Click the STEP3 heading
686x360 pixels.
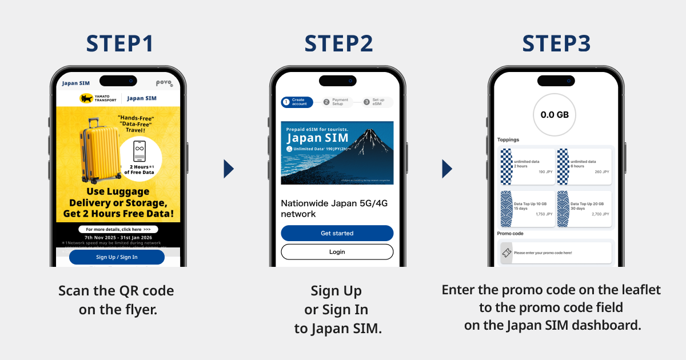coord(556,44)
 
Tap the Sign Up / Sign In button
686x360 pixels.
coord(117,257)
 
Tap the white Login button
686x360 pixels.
coord(337,251)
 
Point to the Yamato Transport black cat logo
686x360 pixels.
coord(86,98)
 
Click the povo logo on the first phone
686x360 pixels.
coord(163,83)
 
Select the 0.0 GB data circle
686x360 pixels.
coord(555,115)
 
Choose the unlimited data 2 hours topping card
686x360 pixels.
coord(527,166)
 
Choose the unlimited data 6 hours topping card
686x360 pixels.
coord(584,166)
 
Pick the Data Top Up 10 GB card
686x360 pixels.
coord(527,209)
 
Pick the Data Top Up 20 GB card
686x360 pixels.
coord(584,209)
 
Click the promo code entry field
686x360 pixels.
coord(555,253)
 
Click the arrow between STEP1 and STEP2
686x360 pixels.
coord(229,169)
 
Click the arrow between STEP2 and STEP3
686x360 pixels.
coord(447,169)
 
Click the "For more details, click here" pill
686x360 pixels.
coord(118,229)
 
